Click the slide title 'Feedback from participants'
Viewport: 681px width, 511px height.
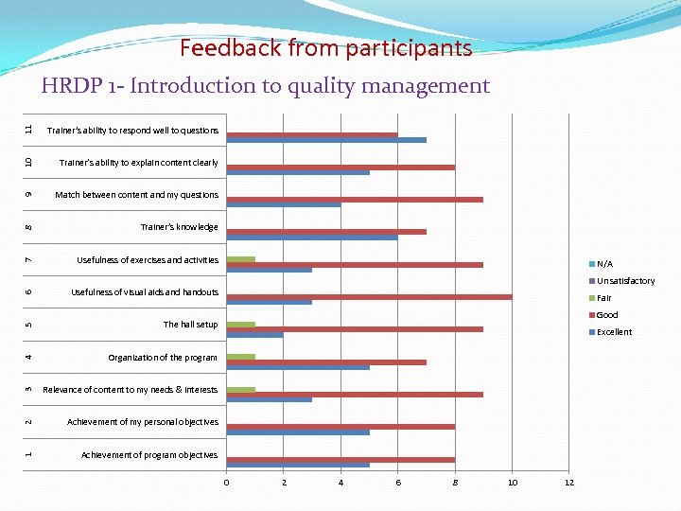pos(325,48)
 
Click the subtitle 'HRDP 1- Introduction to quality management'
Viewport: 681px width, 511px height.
pos(265,86)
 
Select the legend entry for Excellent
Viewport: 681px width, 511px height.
pos(614,332)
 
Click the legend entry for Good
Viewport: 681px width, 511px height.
pos(606,315)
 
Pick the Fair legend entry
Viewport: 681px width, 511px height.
pos(603,298)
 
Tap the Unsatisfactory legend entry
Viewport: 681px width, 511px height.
pos(624,281)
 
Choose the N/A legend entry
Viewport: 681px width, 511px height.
pos(604,264)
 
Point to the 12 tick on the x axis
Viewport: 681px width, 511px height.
pos(568,483)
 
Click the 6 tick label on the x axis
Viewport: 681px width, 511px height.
pos(397,483)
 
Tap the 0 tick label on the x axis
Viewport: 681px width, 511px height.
pos(226,483)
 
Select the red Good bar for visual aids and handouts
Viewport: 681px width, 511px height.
pos(369,297)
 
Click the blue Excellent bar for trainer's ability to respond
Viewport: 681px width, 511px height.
pos(326,140)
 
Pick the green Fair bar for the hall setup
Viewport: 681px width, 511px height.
pos(241,325)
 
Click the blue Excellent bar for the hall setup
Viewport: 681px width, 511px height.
pos(254,335)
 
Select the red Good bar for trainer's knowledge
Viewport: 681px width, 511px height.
pos(326,232)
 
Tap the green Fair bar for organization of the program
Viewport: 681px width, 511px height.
pos(241,357)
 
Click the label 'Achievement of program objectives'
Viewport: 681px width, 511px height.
pos(148,455)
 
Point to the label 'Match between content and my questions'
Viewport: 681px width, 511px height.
pos(136,195)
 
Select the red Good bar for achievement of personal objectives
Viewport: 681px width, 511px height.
pos(340,427)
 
